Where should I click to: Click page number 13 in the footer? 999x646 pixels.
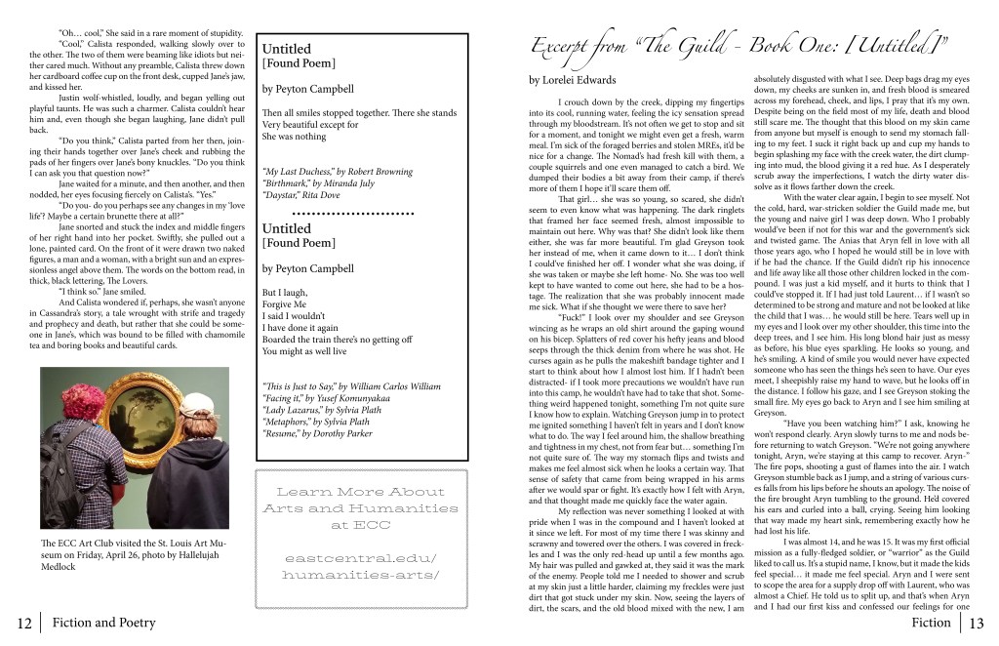click(x=978, y=623)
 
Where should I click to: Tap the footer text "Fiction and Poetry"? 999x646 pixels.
click(x=102, y=623)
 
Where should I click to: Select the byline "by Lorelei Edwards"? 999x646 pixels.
click(x=572, y=79)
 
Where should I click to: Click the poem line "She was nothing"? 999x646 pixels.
click(x=296, y=137)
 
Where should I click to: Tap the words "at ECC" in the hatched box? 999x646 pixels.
click(x=360, y=525)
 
